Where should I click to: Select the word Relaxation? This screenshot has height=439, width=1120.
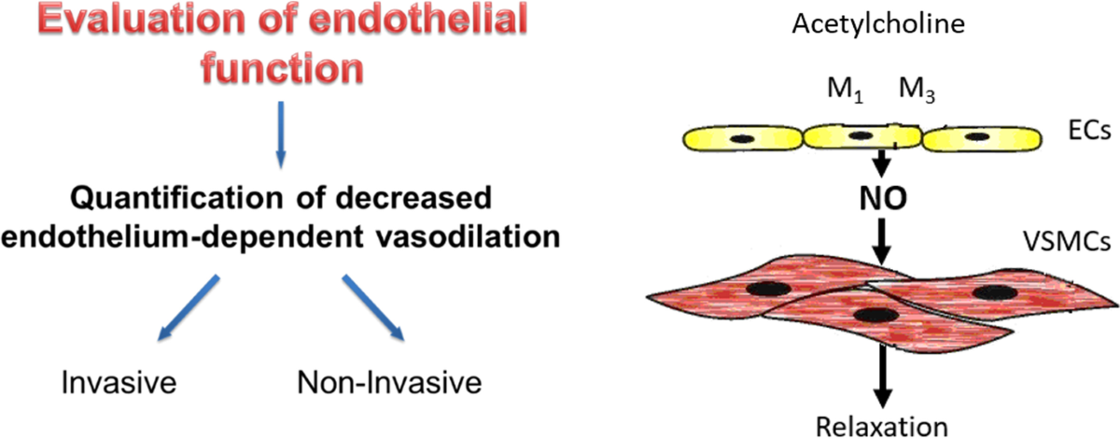pyautogui.click(x=877, y=424)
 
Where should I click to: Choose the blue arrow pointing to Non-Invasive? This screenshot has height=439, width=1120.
pyautogui.click(x=373, y=309)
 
